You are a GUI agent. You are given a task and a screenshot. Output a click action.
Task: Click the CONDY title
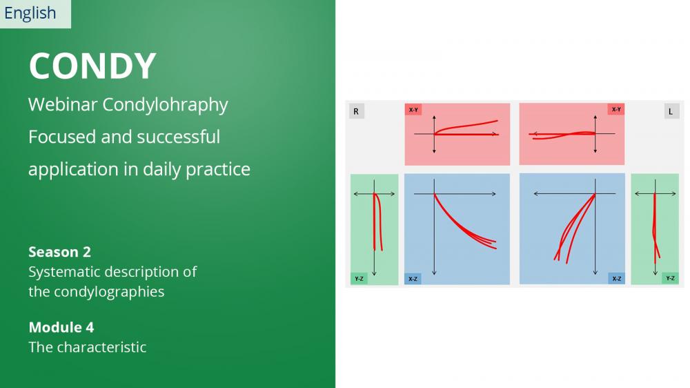click(92, 66)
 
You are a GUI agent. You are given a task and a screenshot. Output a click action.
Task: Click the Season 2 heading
click(60, 252)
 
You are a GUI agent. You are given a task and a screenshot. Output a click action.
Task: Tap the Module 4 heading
click(61, 327)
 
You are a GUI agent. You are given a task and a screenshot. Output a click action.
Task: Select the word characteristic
click(101, 347)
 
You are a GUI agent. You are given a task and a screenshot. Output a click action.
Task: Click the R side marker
click(357, 111)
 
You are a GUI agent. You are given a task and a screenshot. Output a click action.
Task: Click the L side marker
click(671, 111)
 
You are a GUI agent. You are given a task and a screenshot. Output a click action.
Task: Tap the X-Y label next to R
click(413, 109)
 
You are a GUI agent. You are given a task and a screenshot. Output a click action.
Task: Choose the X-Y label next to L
click(616, 109)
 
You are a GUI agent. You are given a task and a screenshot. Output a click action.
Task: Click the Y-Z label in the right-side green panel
click(670, 278)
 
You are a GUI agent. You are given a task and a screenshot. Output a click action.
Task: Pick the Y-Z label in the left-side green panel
click(359, 279)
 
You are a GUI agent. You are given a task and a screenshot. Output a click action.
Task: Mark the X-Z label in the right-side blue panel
click(616, 279)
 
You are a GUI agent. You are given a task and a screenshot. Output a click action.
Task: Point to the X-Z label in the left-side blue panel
click(413, 279)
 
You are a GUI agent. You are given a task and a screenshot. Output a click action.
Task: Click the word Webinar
click(63, 105)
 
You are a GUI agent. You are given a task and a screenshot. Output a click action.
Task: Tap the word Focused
click(63, 137)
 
